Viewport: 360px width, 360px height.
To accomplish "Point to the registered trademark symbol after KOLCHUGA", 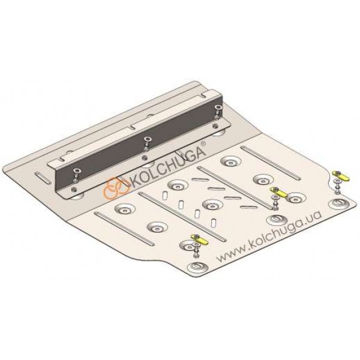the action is (x=203, y=144).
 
